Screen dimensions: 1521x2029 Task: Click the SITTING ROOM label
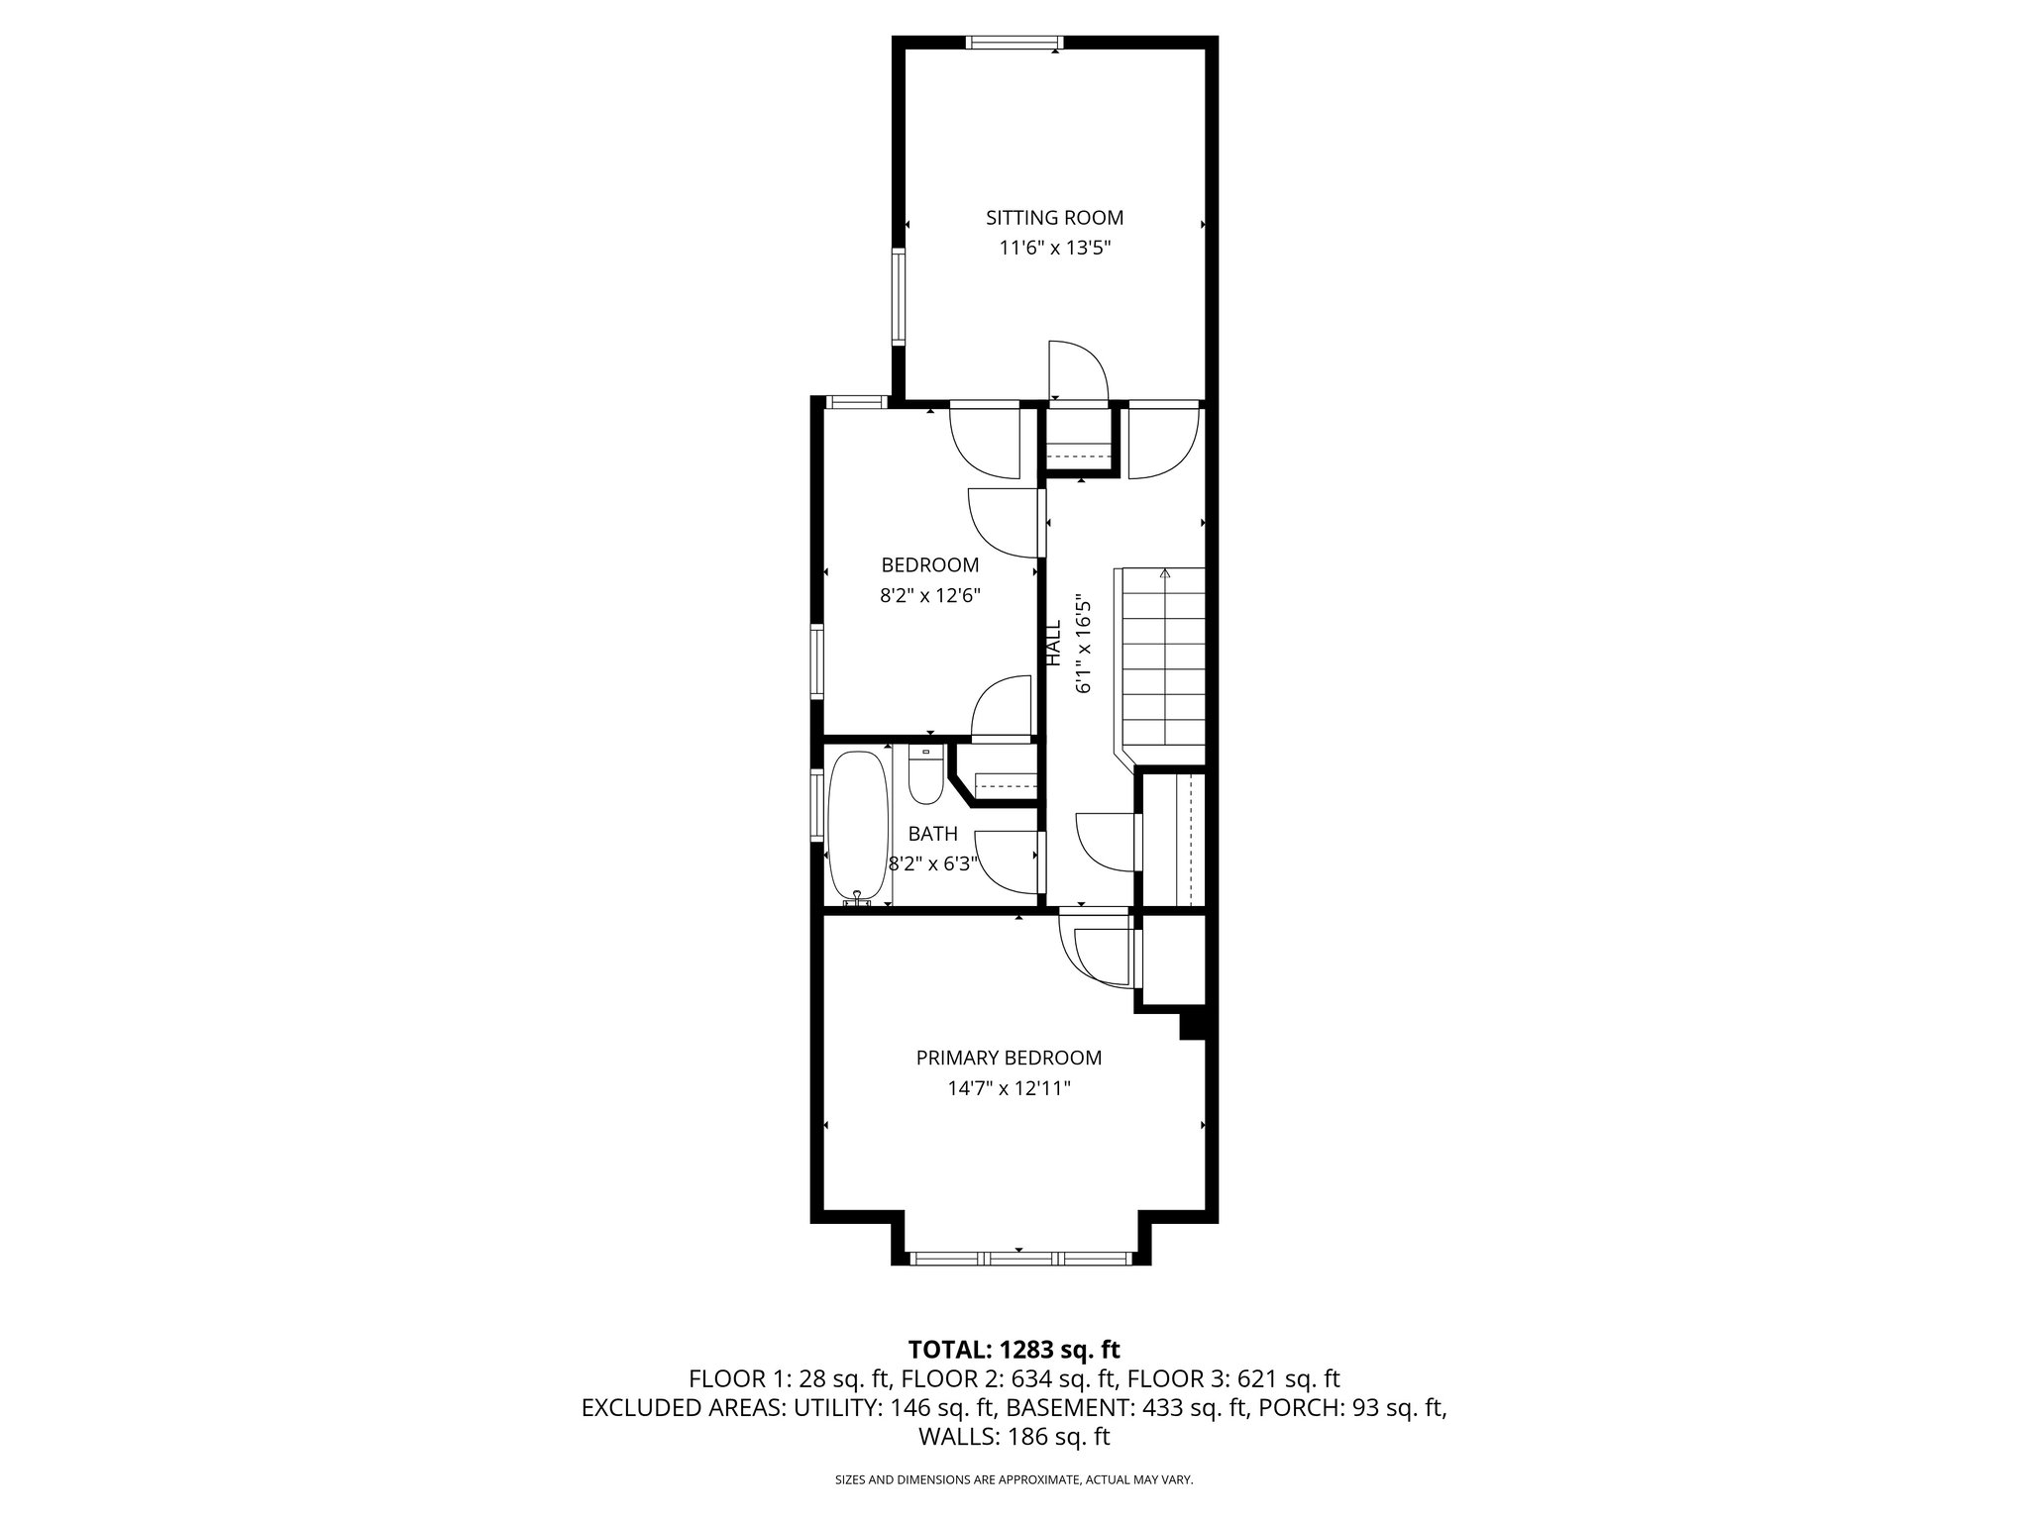click(x=1054, y=218)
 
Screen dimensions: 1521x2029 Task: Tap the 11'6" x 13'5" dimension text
click(x=1054, y=249)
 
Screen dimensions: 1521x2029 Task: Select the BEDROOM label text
click(x=929, y=565)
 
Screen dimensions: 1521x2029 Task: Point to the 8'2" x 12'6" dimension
click(x=929, y=596)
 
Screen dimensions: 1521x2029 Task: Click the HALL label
click(x=1054, y=643)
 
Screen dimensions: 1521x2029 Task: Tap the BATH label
click(x=932, y=834)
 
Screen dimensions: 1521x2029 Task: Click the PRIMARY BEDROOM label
click(x=1009, y=1058)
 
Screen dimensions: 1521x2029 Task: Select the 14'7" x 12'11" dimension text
click(x=1009, y=1089)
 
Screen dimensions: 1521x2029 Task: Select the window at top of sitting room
click(x=1014, y=43)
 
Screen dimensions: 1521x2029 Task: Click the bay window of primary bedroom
click(x=1020, y=1259)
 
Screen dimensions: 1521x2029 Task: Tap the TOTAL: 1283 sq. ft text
click(x=1014, y=1349)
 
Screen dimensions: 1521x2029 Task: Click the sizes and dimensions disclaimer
click(x=1014, y=1479)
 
